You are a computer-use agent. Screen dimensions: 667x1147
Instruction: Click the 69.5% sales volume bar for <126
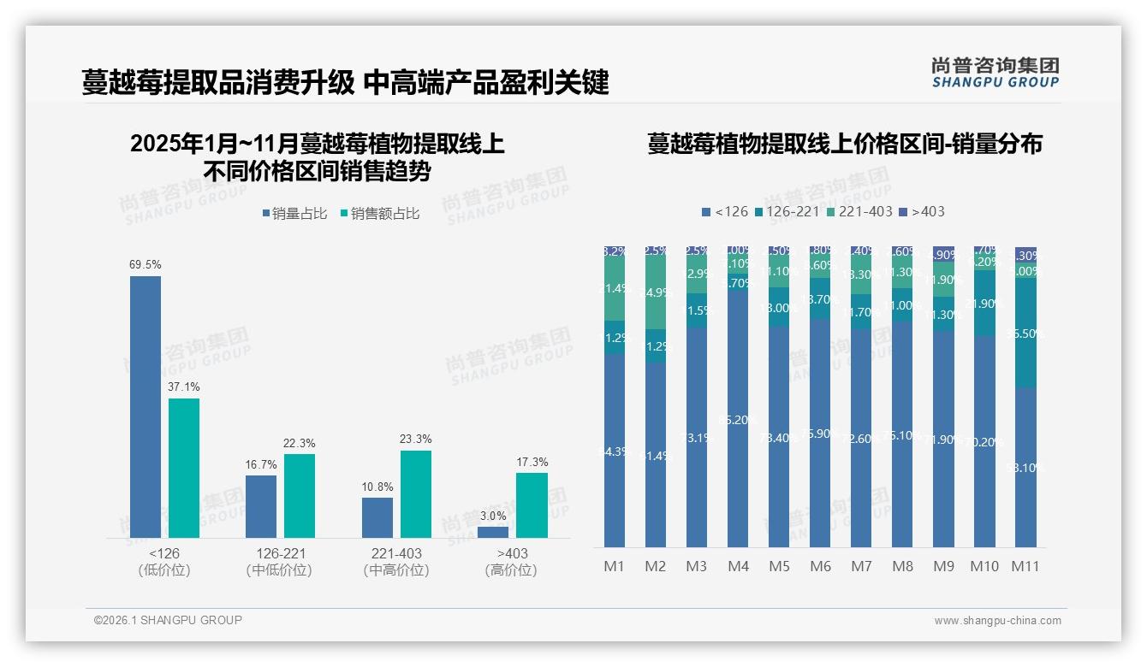point(145,406)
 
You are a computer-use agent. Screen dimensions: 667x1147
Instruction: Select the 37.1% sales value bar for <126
point(184,468)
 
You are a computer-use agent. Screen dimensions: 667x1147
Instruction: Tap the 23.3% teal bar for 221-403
point(415,493)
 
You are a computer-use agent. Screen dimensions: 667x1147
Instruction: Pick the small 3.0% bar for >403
point(493,532)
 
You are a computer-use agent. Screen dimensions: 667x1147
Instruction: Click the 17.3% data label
point(532,463)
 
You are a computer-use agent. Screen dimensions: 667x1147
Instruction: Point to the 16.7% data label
point(261,464)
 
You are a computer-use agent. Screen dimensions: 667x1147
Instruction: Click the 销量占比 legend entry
point(294,214)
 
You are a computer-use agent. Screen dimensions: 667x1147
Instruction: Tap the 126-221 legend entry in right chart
point(785,211)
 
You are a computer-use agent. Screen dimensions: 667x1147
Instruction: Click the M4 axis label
point(738,566)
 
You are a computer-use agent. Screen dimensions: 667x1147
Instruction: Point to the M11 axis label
point(1025,566)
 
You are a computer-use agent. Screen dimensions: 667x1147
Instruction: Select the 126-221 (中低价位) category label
point(279,562)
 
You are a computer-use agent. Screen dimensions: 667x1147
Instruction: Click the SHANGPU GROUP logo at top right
point(995,73)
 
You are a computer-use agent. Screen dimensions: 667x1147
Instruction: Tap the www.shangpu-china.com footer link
point(997,621)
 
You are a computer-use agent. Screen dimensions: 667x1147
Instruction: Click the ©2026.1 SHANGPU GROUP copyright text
point(168,620)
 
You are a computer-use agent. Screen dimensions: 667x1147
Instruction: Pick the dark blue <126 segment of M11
point(1025,467)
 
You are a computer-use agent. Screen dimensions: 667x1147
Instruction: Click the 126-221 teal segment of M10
point(984,303)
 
